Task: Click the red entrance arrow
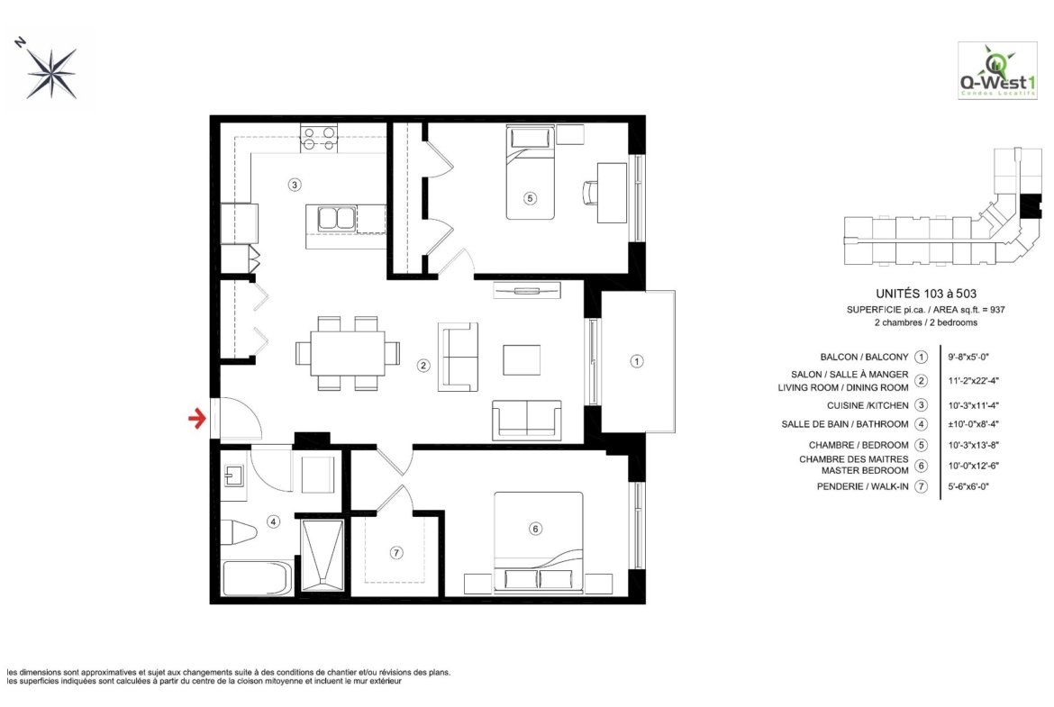pos(197,420)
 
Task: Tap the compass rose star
pos(51,72)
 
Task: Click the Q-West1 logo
pos(997,71)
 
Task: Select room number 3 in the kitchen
pos(295,184)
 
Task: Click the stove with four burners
pos(319,139)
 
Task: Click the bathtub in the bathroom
pos(257,578)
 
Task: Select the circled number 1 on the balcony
pos(637,361)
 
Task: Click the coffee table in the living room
pos(522,359)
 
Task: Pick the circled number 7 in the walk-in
pos(396,552)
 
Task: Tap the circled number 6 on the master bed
pos(536,529)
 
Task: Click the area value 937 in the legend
pos(997,310)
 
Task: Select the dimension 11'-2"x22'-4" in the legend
pos(973,380)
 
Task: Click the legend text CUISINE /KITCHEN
pos(868,405)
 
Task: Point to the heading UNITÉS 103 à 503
pos(925,294)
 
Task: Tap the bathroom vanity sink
pos(233,476)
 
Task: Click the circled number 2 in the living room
pos(423,366)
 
